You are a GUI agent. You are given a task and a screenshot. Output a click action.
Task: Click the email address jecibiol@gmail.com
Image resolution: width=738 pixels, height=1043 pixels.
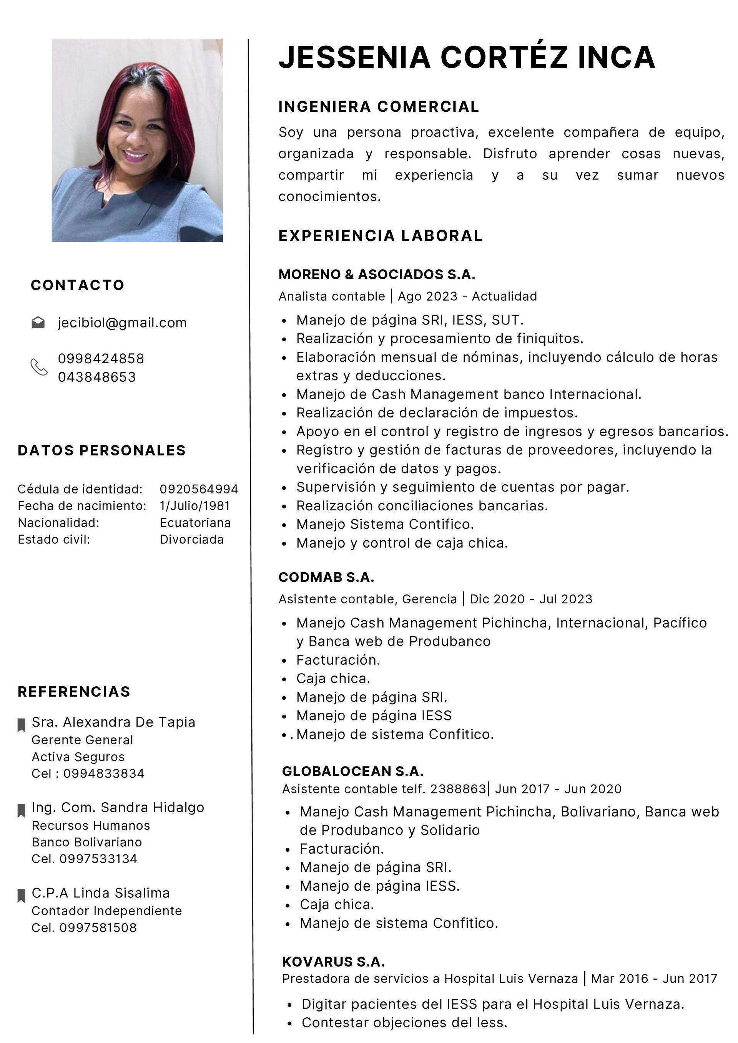(122, 323)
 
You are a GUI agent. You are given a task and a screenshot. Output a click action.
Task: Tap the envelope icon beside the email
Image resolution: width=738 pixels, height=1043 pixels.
(38, 323)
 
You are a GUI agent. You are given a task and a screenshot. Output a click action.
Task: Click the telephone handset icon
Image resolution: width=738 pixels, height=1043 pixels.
(39, 367)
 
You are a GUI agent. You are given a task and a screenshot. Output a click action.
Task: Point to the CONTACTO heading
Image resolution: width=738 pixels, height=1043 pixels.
(77, 285)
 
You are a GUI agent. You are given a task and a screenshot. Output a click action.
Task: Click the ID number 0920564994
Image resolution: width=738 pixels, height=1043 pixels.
(199, 489)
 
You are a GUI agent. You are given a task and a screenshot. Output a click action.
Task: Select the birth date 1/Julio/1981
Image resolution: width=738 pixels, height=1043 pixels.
(194, 506)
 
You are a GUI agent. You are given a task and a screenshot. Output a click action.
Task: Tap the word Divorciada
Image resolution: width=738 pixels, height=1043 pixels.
(191, 539)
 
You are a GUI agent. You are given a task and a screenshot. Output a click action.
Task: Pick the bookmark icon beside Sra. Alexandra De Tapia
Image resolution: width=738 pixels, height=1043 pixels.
(21, 725)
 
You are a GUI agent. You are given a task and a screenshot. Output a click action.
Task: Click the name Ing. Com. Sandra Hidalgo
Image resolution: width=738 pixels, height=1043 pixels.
(118, 807)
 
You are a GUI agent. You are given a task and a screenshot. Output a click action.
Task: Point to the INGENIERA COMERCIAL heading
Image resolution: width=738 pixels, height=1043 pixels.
(378, 106)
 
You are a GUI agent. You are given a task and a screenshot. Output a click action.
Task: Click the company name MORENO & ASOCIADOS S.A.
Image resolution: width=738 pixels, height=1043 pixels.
(377, 274)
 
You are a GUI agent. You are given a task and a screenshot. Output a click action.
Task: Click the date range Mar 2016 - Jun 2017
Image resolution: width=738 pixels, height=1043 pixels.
(654, 978)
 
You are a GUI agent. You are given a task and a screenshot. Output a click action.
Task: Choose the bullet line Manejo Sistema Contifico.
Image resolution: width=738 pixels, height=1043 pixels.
(385, 524)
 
